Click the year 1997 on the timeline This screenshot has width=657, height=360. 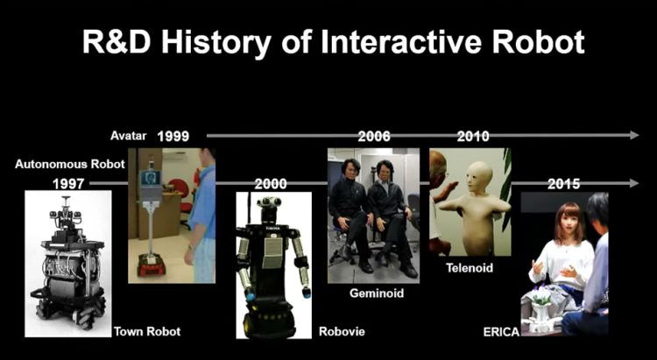(x=68, y=184)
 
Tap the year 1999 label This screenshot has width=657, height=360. (x=173, y=137)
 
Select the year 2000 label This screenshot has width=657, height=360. (x=271, y=184)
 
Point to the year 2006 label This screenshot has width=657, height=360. (x=374, y=137)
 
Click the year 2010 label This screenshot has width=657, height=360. (x=473, y=137)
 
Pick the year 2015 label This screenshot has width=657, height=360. (x=564, y=184)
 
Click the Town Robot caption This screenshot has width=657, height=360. (x=147, y=331)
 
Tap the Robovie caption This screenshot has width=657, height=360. (x=342, y=331)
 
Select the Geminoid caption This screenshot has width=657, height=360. (x=377, y=293)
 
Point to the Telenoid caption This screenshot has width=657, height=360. (x=470, y=268)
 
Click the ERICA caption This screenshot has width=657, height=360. (x=501, y=332)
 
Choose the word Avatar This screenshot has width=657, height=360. (x=129, y=136)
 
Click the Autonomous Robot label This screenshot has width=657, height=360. (x=70, y=164)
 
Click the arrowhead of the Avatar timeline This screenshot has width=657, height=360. (x=634, y=136)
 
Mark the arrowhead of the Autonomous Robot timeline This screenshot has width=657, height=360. (x=634, y=183)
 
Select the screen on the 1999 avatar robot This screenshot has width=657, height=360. (x=150, y=178)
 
